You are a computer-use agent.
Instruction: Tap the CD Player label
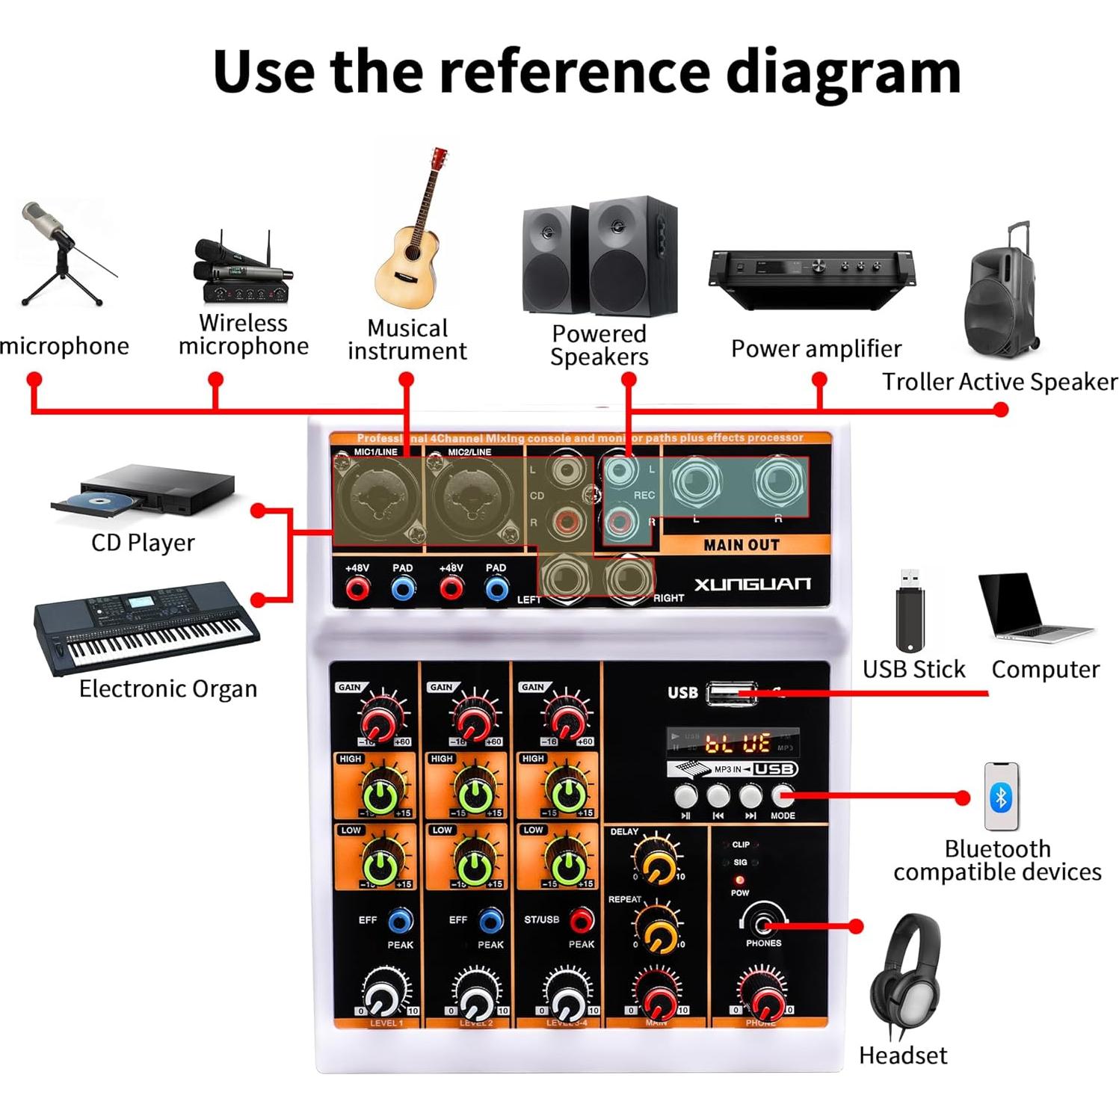tap(143, 543)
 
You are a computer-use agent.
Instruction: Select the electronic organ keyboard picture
tap(146, 626)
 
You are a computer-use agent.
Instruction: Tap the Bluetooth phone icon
tap(1001, 797)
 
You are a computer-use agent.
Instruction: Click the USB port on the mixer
tap(730, 694)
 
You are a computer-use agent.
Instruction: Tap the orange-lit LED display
tap(733, 742)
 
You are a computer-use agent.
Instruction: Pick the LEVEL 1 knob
tap(384, 994)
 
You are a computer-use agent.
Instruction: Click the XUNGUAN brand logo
tap(752, 585)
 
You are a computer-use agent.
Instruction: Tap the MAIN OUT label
tap(741, 546)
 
